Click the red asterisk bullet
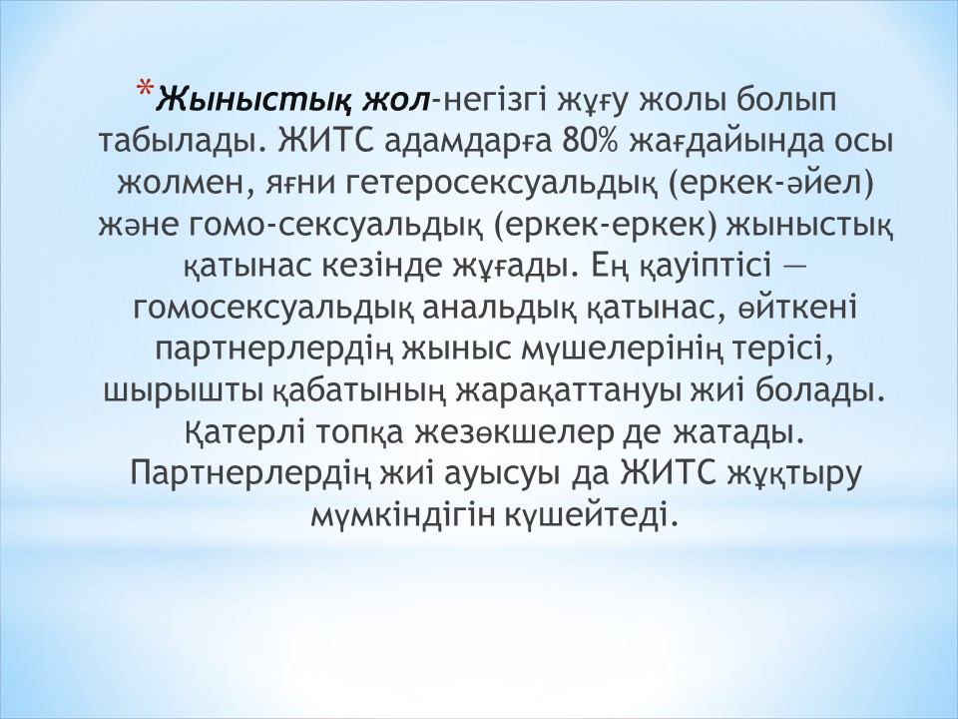[145, 88]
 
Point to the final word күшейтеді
[592, 515]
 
